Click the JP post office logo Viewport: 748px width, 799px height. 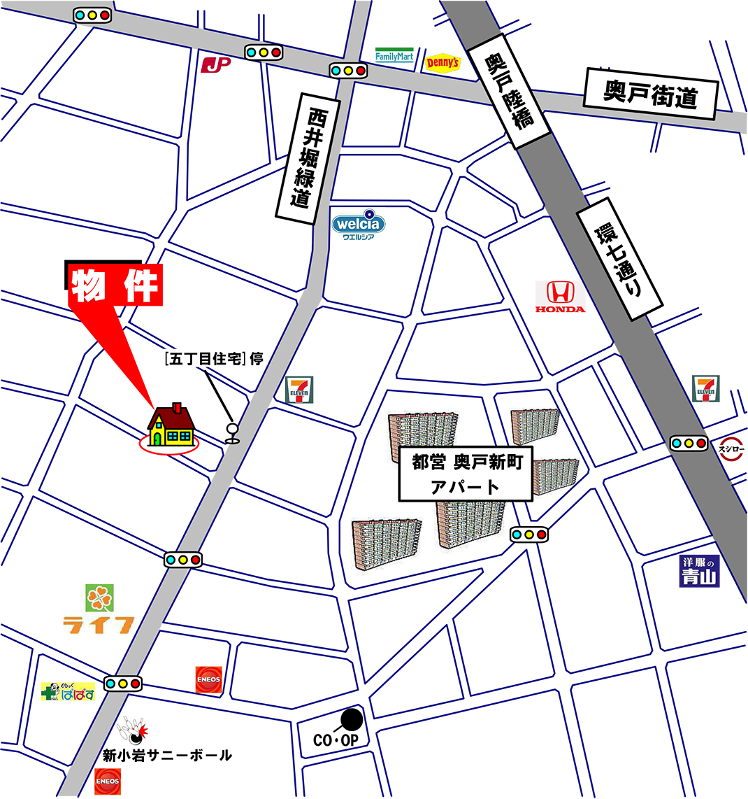[x=215, y=65]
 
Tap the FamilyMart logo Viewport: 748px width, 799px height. [x=394, y=56]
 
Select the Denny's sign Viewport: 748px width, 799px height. [x=443, y=63]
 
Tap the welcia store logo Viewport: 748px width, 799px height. [x=358, y=225]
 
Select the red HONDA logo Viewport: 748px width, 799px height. [x=560, y=297]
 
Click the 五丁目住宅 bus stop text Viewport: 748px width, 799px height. [x=213, y=360]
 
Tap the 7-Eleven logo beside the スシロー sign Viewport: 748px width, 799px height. [x=705, y=389]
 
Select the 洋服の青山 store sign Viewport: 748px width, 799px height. [x=699, y=572]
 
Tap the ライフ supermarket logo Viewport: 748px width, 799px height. [x=99, y=611]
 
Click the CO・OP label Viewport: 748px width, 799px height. [x=336, y=740]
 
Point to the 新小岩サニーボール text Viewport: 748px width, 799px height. [x=166, y=756]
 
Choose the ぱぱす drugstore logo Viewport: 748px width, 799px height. [x=68, y=693]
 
